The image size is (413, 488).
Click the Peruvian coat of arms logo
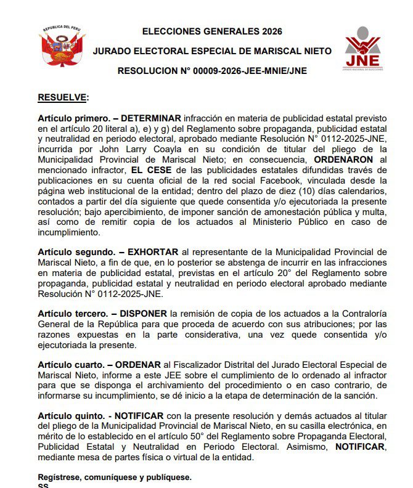pyautogui.click(x=62, y=48)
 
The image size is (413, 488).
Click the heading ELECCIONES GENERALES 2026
pyautogui.click(x=211, y=31)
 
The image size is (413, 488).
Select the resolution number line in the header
pyautogui.click(x=212, y=71)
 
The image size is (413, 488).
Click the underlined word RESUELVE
pyautogui.click(x=62, y=97)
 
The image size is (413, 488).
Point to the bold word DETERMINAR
pyautogui.click(x=151, y=118)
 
